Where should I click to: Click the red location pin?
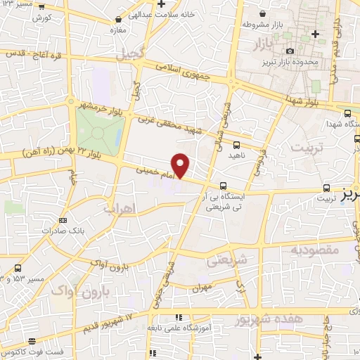(x=181, y=165)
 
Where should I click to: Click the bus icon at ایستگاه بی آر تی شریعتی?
(x=223, y=186)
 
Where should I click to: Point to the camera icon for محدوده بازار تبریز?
(x=290, y=51)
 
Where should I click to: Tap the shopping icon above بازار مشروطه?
(x=262, y=13)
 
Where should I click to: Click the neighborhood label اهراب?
(x=119, y=209)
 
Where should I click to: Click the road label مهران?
(x=200, y=288)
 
